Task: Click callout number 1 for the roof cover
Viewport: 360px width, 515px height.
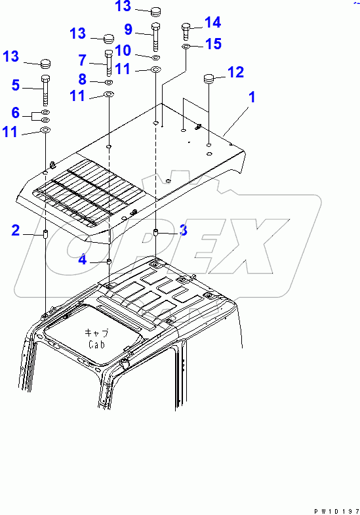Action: click(x=252, y=97)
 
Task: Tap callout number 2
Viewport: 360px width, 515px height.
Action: click(x=16, y=230)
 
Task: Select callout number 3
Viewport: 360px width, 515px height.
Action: click(x=184, y=230)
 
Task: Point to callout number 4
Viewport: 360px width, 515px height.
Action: click(x=83, y=260)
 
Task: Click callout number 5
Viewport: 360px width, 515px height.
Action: click(x=16, y=85)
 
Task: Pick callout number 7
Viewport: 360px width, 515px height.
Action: click(x=83, y=60)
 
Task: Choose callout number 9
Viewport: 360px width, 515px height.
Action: click(x=129, y=30)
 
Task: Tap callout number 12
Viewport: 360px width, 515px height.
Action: click(x=235, y=72)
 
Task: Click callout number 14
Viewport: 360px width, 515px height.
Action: click(x=212, y=22)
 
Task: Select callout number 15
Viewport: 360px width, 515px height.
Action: click(x=213, y=44)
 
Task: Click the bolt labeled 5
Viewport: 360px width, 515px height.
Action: click(x=45, y=91)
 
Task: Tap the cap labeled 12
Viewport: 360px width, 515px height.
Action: click(x=209, y=79)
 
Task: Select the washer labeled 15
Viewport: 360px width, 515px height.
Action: click(x=186, y=47)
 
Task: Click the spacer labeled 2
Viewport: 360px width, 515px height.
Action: click(x=45, y=234)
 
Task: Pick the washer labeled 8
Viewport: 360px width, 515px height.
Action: click(x=110, y=82)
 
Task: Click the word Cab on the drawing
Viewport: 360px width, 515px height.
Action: click(x=96, y=344)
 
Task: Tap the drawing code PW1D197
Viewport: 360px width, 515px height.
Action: click(x=336, y=511)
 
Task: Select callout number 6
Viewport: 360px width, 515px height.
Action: click(x=16, y=113)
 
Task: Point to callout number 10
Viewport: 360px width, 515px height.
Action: click(x=123, y=51)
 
